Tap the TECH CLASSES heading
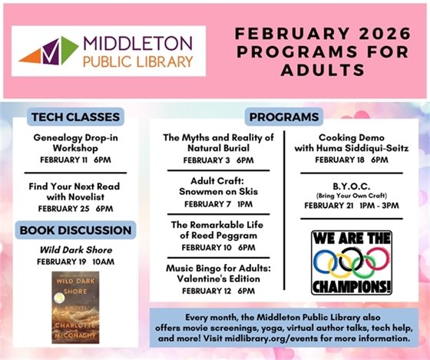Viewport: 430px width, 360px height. point(74,117)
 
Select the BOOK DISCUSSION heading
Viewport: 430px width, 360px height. point(74,230)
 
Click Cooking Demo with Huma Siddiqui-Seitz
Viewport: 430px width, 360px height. point(352,143)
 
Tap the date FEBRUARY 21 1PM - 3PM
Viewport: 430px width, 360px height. point(352,206)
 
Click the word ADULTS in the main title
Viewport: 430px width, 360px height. point(319,70)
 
